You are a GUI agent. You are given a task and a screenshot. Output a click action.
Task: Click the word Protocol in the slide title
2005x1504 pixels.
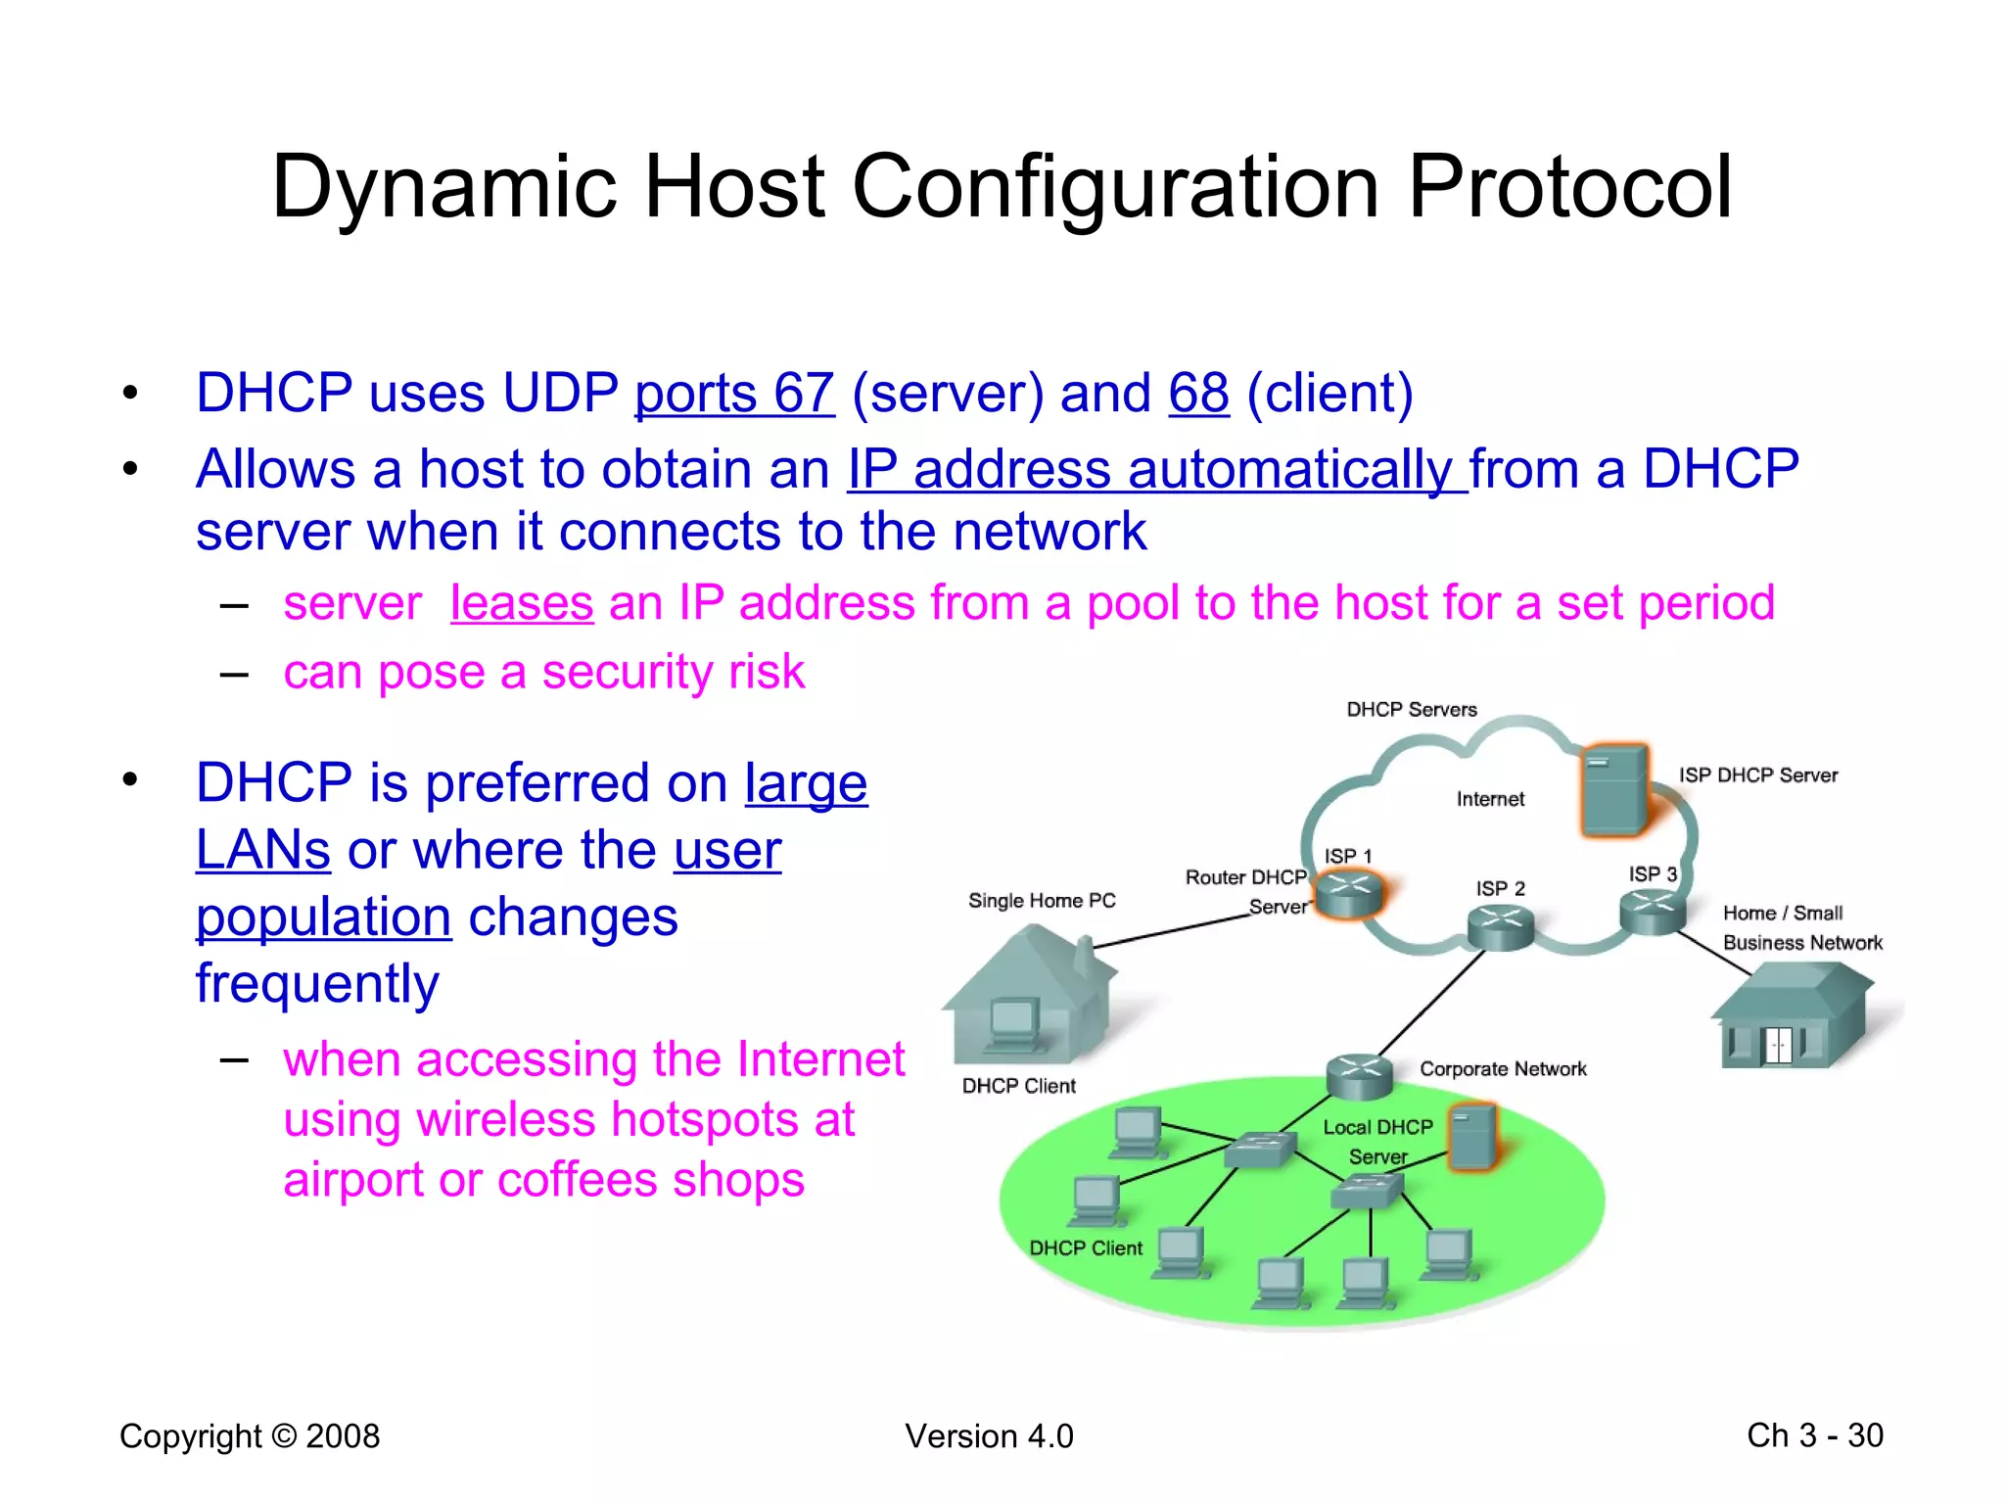coord(1569,188)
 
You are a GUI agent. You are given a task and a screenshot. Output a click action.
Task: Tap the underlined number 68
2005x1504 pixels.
coord(1198,394)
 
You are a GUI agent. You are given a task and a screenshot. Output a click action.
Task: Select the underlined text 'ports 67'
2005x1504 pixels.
coord(734,394)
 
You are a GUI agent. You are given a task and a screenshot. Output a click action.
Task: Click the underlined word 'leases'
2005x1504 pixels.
coord(522,603)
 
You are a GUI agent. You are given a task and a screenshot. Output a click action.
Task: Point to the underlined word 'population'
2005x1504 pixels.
coord(323,918)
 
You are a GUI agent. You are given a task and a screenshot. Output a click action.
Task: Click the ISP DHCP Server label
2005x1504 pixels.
coord(1758,775)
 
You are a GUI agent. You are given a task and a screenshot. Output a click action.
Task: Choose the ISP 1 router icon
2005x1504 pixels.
coord(1349,894)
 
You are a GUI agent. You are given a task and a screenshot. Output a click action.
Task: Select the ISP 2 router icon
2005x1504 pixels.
coord(1500,925)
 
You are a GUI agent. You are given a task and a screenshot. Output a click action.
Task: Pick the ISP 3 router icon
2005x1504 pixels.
coord(1653,912)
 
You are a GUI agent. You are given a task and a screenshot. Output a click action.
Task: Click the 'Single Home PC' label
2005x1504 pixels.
coord(1042,901)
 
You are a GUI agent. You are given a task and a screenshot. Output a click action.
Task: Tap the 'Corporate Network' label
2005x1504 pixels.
coord(1503,1069)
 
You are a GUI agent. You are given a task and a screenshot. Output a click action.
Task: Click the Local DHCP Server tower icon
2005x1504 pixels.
coord(1472,1137)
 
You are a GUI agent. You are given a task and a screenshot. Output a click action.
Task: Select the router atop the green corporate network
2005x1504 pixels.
coord(1360,1075)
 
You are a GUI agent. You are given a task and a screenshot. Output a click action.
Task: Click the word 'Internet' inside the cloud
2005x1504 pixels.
coord(1490,799)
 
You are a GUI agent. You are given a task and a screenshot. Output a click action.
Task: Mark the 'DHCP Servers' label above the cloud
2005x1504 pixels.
coord(1412,710)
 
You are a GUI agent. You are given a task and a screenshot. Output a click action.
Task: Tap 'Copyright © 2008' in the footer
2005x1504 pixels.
coord(250,1436)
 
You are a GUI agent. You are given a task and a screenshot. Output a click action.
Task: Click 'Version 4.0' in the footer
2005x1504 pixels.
coord(989,1436)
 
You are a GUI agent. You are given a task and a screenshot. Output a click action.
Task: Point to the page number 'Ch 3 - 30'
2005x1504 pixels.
coord(1814,1435)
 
